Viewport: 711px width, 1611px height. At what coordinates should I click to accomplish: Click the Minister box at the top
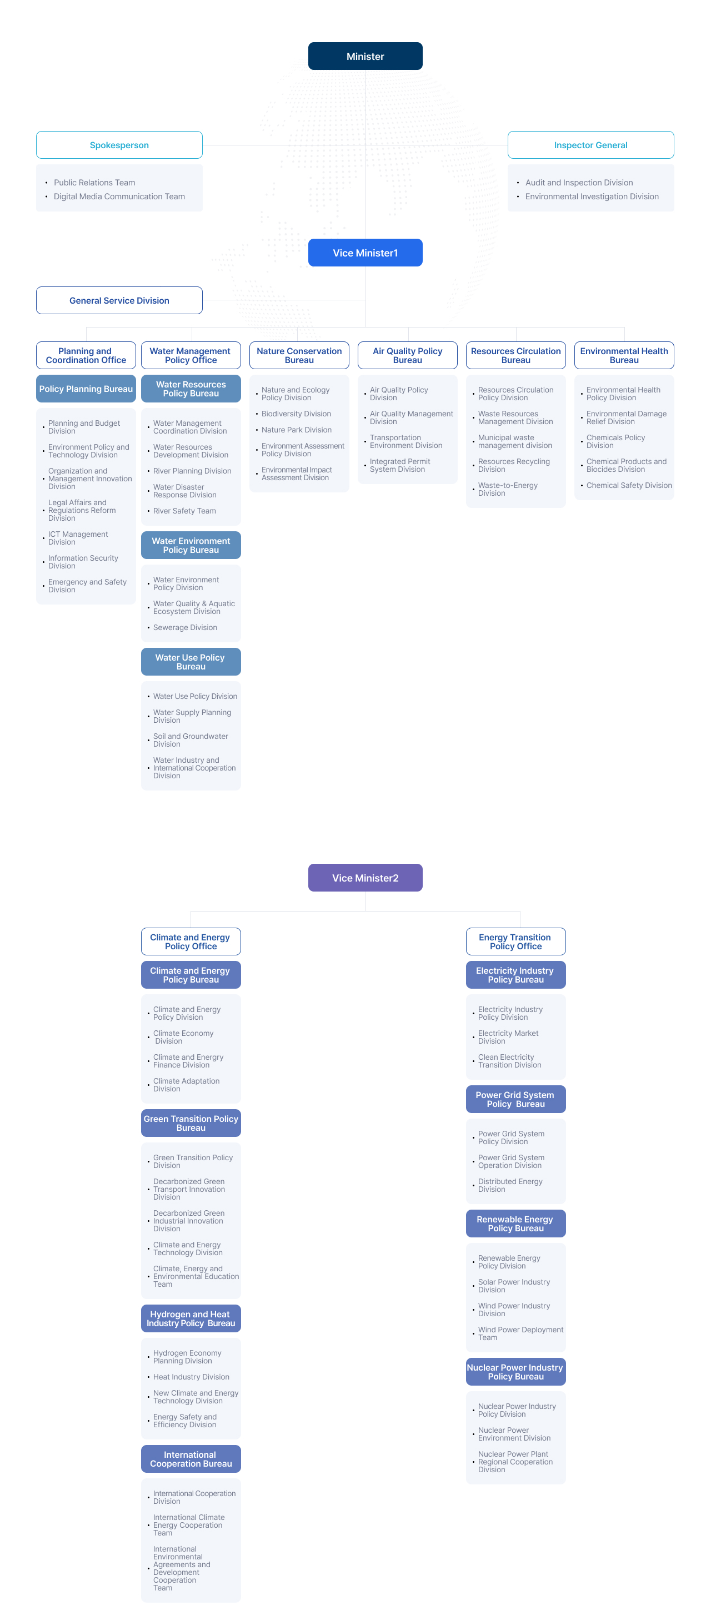click(365, 56)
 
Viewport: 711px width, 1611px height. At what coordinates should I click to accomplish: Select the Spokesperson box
click(119, 145)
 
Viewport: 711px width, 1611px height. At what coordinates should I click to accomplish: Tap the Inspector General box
click(590, 145)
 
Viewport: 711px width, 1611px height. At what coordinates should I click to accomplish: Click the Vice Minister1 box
click(365, 253)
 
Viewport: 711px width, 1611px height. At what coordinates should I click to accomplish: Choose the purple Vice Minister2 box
click(365, 878)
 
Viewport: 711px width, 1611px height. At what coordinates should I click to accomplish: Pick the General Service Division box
click(119, 300)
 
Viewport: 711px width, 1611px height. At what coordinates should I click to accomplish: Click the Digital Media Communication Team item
click(119, 197)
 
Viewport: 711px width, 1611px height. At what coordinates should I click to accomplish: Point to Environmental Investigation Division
click(592, 197)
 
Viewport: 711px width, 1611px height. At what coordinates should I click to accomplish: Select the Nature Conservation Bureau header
click(299, 355)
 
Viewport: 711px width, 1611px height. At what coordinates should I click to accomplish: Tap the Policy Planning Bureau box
click(86, 389)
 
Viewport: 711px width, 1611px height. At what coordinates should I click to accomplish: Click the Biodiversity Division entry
click(296, 414)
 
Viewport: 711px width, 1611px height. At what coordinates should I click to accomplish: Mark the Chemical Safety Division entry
click(628, 485)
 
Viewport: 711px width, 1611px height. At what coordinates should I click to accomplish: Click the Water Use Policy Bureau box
click(191, 662)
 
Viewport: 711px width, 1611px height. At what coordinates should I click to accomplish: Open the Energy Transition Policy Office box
click(515, 941)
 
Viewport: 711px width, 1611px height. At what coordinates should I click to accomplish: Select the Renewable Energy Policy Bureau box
click(515, 1224)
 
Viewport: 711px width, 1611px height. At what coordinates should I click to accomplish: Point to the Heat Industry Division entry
click(191, 1377)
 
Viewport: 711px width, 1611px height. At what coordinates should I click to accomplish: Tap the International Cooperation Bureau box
click(191, 1458)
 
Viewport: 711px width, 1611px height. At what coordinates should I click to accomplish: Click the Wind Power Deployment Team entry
click(520, 1333)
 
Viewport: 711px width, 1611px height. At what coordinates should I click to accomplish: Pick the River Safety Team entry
click(184, 511)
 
